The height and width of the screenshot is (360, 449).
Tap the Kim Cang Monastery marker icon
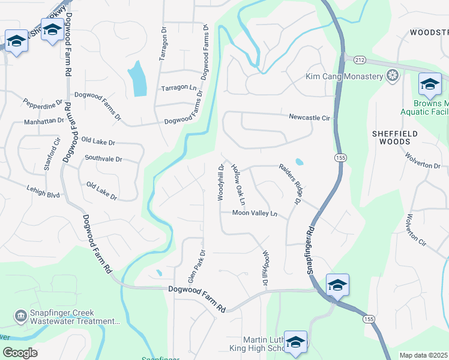click(x=393, y=76)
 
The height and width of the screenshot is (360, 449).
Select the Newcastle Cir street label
click(x=310, y=118)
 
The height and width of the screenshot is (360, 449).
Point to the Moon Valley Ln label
click(x=255, y=213)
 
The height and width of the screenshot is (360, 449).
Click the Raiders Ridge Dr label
click(x=289, y=184)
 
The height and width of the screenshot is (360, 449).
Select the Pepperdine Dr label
click(x=43, y=103)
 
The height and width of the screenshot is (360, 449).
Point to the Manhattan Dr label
click(x=44, y=121)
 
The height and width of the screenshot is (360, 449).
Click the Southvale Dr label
click(x=103, y=159)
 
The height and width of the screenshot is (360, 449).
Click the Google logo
click(x=20, y=353)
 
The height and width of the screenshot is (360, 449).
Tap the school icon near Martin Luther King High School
click(x=295, y=341)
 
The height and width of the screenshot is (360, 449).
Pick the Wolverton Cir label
click(x=416, y=231)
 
